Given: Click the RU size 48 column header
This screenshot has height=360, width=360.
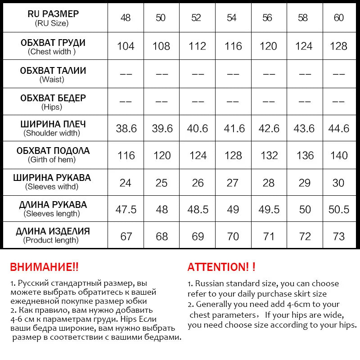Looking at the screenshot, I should (x=126, y=18).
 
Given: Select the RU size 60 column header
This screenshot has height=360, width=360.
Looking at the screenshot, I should (x=339, y=18).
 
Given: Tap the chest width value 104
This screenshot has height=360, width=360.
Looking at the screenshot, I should (x=126, y=46).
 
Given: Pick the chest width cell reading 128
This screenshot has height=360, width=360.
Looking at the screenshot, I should (x=338, y=46).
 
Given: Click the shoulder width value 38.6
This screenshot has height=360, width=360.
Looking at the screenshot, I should (x=126, y=129).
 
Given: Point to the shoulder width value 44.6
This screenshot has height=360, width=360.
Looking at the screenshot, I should (x=338, y=129).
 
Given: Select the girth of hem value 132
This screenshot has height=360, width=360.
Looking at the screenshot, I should (x=269, y=156).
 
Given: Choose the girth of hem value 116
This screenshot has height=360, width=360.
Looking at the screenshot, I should (x=126, y=156).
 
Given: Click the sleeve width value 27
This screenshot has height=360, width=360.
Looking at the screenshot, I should (x=232, y=183).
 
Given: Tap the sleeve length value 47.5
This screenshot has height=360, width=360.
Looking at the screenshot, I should (x=126, y=209).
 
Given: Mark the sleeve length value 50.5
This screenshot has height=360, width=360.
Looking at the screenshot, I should (x=338, y=209).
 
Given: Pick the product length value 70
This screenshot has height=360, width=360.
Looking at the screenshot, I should (x=232, y=236).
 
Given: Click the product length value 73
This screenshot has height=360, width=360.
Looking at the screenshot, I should (x=338, y=236).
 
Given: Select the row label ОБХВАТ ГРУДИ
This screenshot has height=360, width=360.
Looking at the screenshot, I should (x=53, y=43).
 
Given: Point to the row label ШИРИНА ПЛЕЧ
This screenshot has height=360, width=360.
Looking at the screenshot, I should (x=53, y=125).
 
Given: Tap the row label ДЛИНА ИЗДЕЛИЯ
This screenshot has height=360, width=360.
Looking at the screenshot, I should (x=53, y=232).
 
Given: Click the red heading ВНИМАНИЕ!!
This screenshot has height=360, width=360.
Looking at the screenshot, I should (x=44, y=267).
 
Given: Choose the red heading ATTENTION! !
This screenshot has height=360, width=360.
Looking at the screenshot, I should (x=221, y=267).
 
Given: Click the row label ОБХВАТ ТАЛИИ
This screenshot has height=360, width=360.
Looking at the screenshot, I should (x=53, y=71).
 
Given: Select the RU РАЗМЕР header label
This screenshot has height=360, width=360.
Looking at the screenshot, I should (x=53, y=14).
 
